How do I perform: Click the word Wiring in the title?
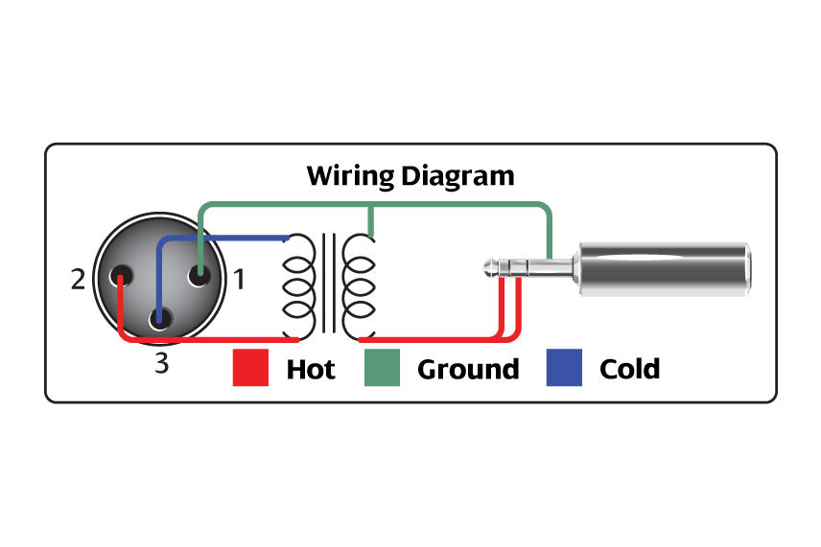[x=350, y=175]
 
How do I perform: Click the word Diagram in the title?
[x=457, y=177]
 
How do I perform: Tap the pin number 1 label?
[x=239, y=280]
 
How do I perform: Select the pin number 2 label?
[x=78, y=280]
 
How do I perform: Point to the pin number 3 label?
[x=162, y=363]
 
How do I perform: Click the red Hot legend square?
[x=250, y=368]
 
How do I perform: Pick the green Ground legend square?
[x=382, y=368]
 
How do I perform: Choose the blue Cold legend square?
[x=564, y=368]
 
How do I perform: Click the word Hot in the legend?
[x=311, y=369]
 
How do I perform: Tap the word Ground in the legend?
[x=468, y=369]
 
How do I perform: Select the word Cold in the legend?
[x=629, y=369]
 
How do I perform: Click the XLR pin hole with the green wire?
[x=199, y=275]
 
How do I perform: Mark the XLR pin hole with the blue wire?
[x=160, y=318]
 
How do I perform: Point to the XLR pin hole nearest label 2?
[x=121, y=275]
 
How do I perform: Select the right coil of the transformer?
[x=359, y=286]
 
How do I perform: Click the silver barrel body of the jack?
[x=664, y=269]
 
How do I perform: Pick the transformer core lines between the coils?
[x=329, y=283]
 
